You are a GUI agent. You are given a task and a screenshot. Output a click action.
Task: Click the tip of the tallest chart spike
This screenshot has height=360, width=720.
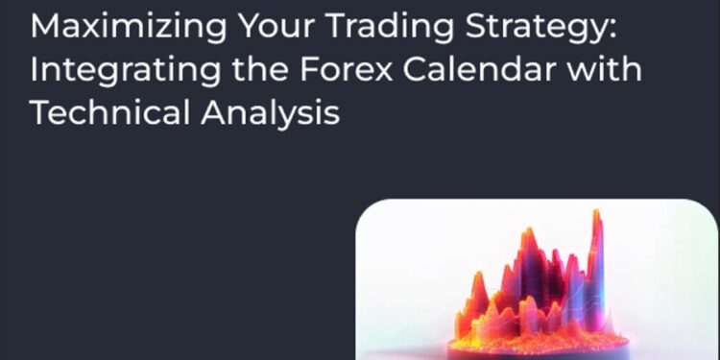click(x=597, y=212)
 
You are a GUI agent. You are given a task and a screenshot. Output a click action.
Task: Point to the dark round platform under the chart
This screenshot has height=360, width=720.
click(x=538, y=353)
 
